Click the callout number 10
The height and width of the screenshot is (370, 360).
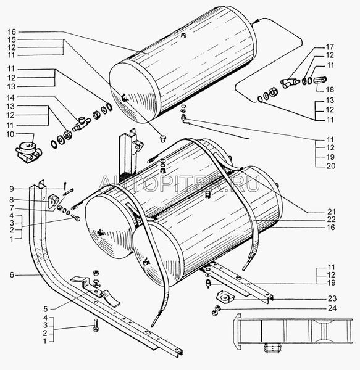pos(10,134)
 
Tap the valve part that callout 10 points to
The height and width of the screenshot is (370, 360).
pos(29,151)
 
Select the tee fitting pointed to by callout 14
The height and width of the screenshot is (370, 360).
pos(82,124)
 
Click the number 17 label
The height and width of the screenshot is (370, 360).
pos(330,47)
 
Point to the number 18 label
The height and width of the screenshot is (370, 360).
pos(330,89)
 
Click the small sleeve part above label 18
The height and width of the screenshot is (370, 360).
pos(320,80)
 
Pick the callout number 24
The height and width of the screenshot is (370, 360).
pos(332,308)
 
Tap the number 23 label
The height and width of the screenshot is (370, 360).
pos(332,298)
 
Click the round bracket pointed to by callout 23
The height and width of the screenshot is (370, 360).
pos(225,297)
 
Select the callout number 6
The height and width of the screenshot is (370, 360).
pos(12,274)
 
